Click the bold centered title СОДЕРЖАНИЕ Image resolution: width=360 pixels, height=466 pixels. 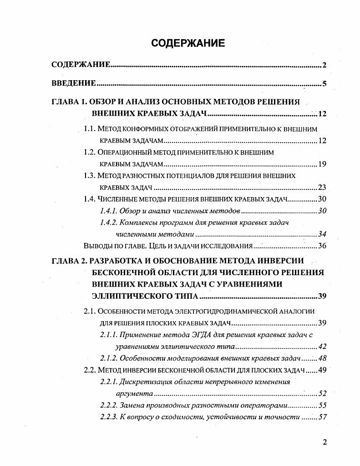pyautogui.click(x=188, y=43)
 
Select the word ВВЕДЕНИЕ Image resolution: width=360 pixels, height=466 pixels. pyautogui.click(x=73, y=83)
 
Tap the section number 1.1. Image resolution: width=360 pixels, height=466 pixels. pyautogui.click(x=90, y=129)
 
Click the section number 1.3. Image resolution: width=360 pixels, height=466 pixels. pyautogui.click(x=90, y=175)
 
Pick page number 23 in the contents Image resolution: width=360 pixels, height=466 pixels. pyautogui.click(x=322, y=187)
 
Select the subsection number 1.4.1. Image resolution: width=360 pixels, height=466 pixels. pyautogui.click(x=108, y=211)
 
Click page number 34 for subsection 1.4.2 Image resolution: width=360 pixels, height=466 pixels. pyautogui.click(x=322, y=234)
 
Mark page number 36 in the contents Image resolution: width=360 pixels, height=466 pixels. pyautogui.click(x=322, y=246)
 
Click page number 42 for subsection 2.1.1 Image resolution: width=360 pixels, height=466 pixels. pyautogui.click(x=322, y=347)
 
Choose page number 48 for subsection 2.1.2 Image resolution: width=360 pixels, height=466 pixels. pyautogui.click(x=322, y=358)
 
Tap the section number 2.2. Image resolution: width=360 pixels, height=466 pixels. pyautogui.click(x=90, y=370)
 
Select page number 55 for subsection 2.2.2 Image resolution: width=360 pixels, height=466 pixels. pyautogui.click(x=322, y=405)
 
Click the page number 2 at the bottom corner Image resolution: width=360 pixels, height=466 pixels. pyautogui.click(x=325, y=442)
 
